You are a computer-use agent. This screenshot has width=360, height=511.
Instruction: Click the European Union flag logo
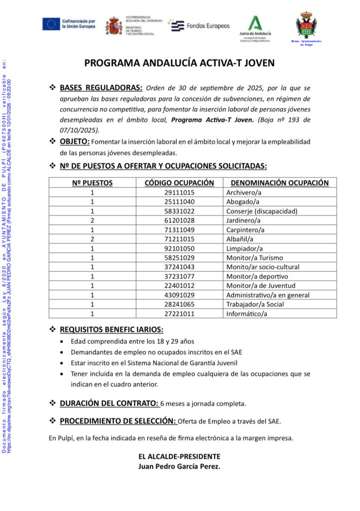[51, 24]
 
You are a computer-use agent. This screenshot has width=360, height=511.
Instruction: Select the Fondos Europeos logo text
[207, 25]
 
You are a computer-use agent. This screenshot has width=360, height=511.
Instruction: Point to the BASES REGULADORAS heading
[101, 88]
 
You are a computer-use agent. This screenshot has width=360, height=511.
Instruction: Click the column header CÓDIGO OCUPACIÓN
[179, 183]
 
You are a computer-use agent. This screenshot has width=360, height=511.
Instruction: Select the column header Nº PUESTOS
[92, 183]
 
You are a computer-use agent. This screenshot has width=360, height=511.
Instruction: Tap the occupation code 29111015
[179, 192]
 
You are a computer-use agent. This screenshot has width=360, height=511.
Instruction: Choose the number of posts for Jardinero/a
[92, 220]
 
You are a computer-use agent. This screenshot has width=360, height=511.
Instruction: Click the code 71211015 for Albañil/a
[179, 239]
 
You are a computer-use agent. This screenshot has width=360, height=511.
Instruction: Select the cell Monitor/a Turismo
[254, 257]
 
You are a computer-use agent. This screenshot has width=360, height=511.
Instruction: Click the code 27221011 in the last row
[179, 314]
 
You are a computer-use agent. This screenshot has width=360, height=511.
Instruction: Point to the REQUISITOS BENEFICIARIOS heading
[111, 329]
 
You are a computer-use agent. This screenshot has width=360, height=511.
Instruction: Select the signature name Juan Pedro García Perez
[179, 467]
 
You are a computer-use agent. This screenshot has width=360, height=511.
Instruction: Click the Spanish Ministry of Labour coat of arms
[114, 25]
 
